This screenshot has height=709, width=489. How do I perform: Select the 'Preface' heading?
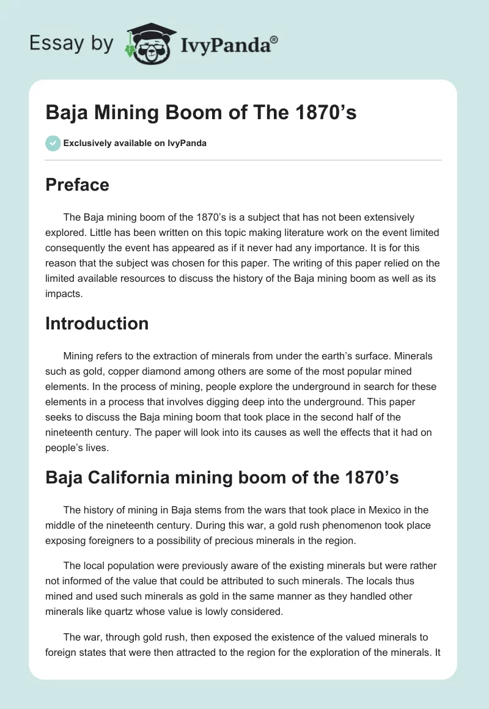click(x=77, y=185)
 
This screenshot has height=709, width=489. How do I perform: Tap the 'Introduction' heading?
click(x=97, y=323)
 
